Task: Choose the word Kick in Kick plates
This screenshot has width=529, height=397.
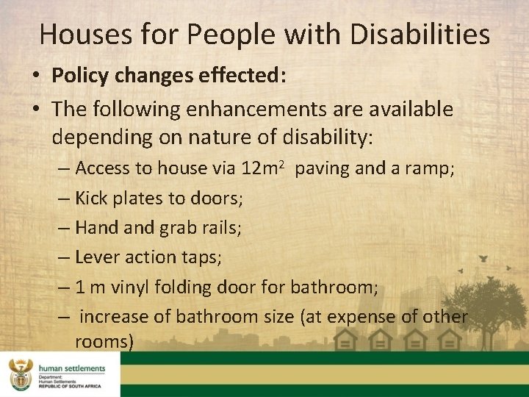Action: point(90,198)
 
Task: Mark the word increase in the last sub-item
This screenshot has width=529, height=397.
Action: point(112,316)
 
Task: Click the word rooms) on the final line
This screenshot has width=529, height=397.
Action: point(104,342)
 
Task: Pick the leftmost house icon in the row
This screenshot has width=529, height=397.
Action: point(345,340)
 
